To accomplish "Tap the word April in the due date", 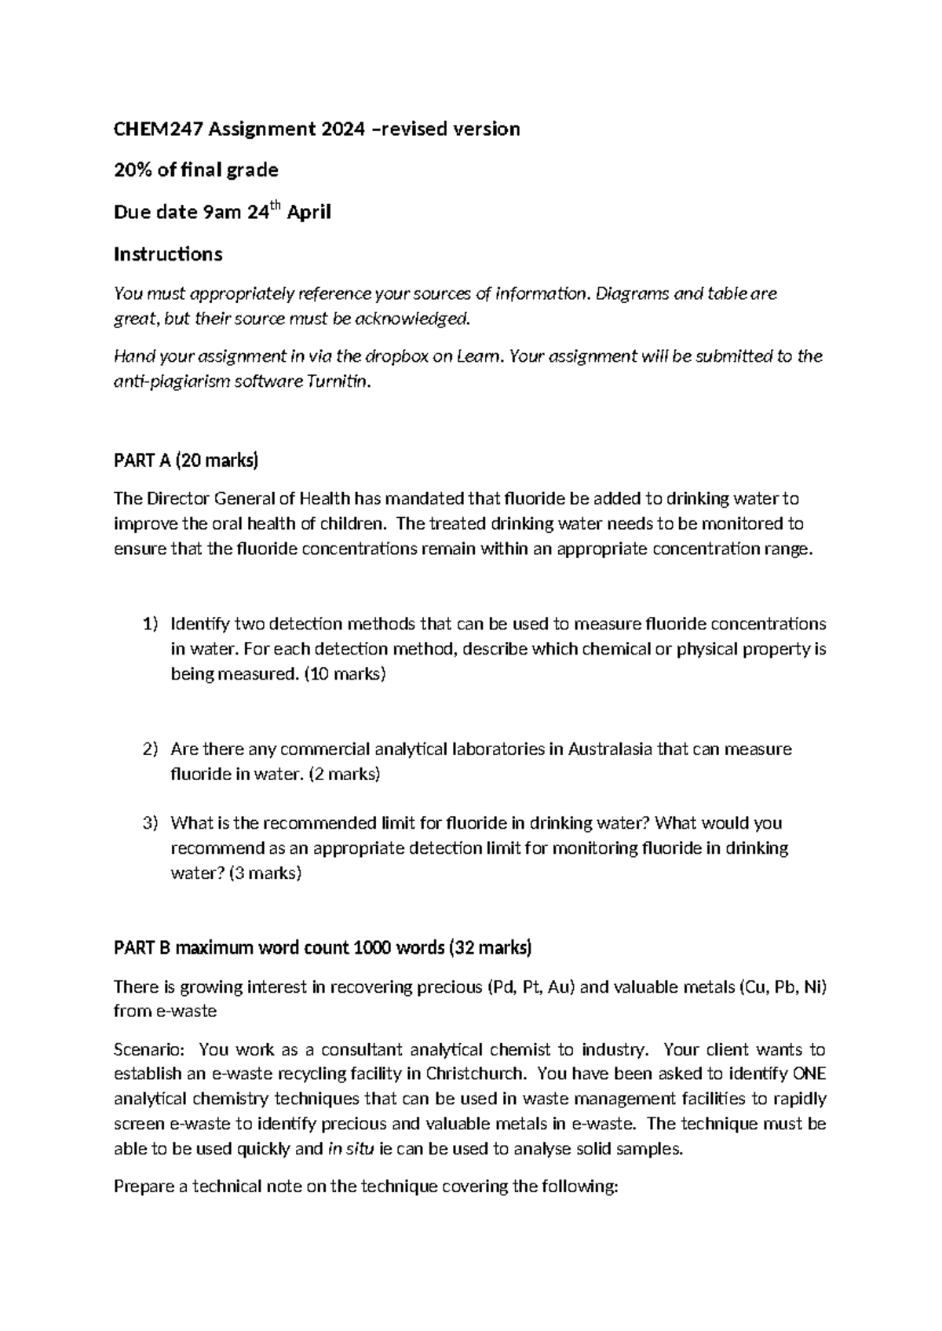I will tap(309, 213).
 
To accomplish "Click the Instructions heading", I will tap(168, 254).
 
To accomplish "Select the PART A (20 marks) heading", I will tap(186, 461).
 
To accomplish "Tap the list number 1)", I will tap(151, 625).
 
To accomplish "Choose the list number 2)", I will tap(151, 749).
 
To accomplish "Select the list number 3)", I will tap(151, 824).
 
